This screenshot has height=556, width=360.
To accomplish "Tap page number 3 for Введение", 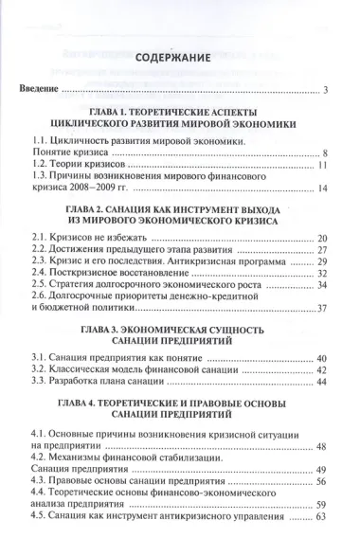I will tap(324, 91).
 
